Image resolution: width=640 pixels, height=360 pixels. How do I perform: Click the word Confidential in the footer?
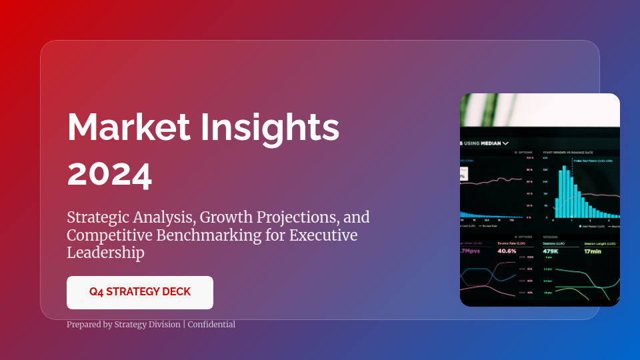[x=211, y=325]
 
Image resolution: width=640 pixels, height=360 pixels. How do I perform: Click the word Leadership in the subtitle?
[x=105, y=253]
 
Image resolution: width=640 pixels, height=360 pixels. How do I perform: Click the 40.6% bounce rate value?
[x=507, y=251]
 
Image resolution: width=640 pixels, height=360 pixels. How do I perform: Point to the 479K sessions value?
[x=551, y=251]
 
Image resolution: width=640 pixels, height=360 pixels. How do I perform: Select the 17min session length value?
[x=593, y=251]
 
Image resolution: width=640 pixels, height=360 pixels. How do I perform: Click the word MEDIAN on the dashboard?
[x=491, y=143]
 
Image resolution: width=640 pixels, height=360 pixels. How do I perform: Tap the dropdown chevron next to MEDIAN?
[x=506, y=143]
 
